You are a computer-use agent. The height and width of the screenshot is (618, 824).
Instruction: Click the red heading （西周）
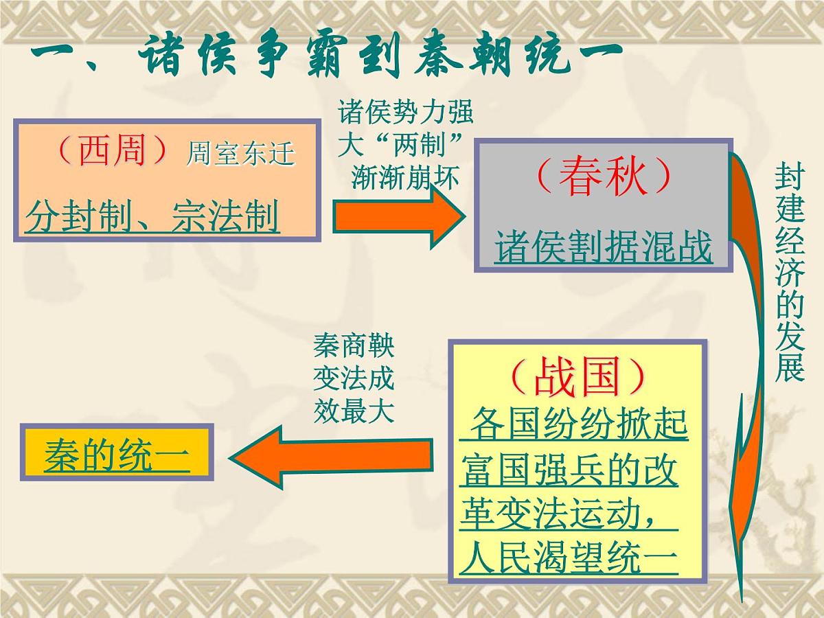(111, 151)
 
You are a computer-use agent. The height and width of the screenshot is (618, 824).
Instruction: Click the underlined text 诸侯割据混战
(604, 247)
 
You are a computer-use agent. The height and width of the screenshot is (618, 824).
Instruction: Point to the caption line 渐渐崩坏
(404, 177)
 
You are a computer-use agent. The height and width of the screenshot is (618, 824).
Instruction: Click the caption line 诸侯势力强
(406, 111)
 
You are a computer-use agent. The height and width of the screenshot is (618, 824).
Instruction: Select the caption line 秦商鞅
(354, 347)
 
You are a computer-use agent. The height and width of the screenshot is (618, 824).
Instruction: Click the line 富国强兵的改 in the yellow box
(569, 470)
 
